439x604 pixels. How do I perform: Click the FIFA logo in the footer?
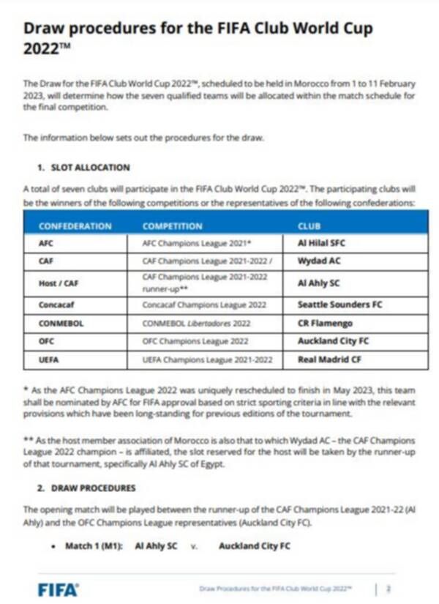tap(58, 589)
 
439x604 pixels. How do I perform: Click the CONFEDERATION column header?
tap(75, 226)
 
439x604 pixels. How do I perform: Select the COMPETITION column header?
tap(172, 226)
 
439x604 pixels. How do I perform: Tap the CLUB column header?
tap(309, 226)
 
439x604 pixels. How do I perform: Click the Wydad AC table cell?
tap(319, 261)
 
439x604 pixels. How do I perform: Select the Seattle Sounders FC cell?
tap(340, 305)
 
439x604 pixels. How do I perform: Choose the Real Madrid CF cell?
tap(329, 359)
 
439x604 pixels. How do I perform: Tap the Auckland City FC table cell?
tap(334, 341)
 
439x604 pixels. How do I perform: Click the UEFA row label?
tap(48, 359)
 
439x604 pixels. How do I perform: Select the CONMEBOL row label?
tap(58, 323)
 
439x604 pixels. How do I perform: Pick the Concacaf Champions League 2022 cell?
tap(195, 305)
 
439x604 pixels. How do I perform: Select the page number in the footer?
tap(389, 588)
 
